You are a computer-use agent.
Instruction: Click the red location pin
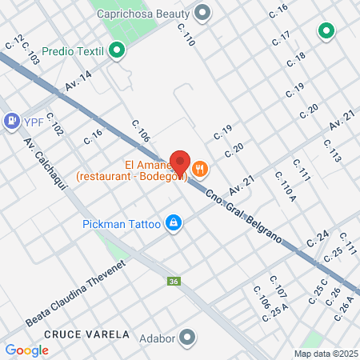coord(180,163)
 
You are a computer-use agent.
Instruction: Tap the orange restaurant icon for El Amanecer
coord(200,169)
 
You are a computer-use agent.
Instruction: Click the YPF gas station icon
coord(12,121)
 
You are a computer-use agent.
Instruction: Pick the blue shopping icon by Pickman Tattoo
coord(172,222)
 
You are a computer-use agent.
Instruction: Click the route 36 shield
coord(174,282)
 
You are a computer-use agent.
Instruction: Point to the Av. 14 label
coord(79,85)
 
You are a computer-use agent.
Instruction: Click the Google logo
coord(26,350)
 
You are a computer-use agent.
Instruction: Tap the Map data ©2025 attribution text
coord(324,354)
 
